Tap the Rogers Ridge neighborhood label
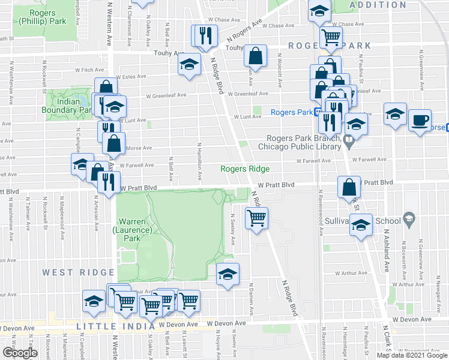[244, 169]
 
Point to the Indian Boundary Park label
[66, 106]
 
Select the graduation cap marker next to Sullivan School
[360, 226]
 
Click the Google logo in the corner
[20, 352]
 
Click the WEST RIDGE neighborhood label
[66, 272]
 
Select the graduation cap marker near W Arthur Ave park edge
[228, 274]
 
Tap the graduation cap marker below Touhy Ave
[190, 64]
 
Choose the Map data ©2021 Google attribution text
[412, 355]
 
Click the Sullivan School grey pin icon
[409, 217]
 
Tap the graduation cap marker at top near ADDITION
[319, 10]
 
